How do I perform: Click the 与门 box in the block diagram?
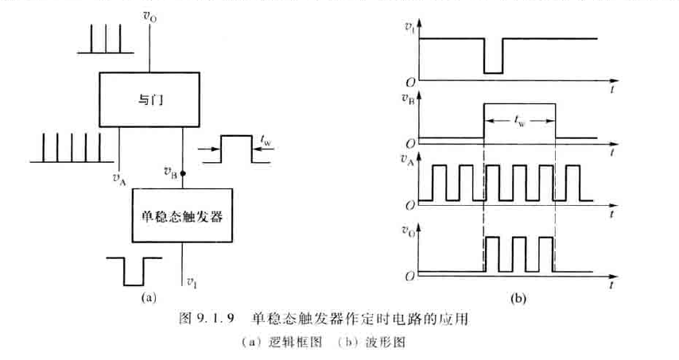[x=149, y=100]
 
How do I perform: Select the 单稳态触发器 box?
[x=183, y=215]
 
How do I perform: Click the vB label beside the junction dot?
[x=169, y=171]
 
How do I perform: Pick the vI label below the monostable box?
[x=191, y=281]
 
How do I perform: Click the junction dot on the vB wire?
[x=183, y=172]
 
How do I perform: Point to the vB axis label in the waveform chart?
[x=409, y=99]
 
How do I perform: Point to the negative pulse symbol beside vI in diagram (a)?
[x=134, y=270]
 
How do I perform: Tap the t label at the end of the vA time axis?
[x=611, y=215]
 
